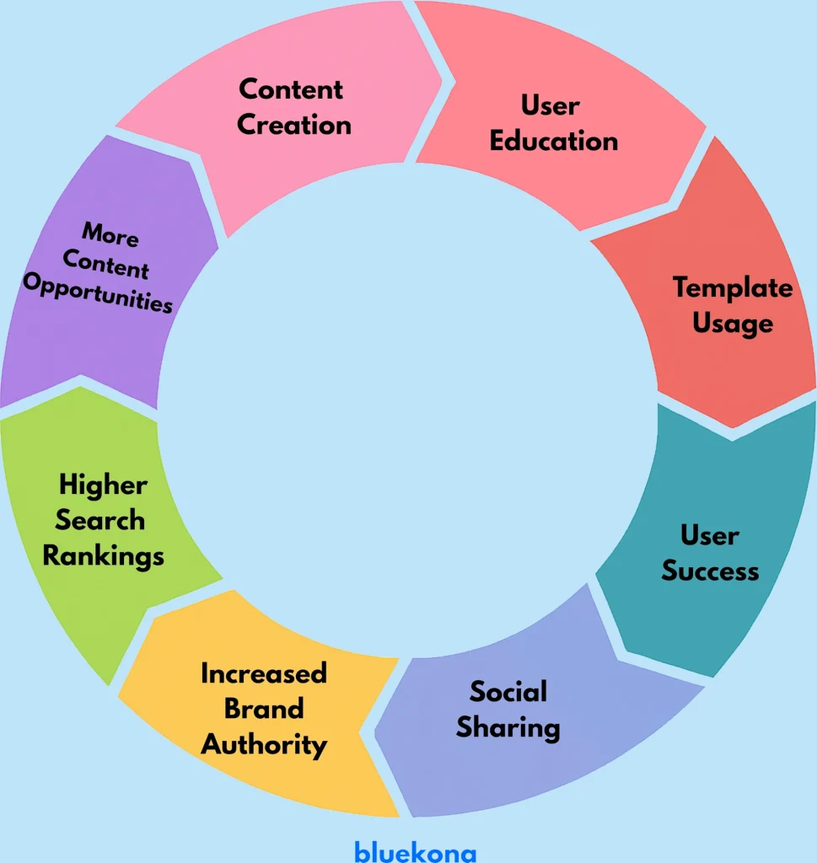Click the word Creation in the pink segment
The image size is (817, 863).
[293, 125]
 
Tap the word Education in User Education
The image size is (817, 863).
[554, 141]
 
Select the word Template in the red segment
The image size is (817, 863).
[733, 288]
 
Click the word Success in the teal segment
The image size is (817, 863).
[710, 571]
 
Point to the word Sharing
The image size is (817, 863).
[508, 727]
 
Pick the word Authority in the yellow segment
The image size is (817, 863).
[264, 745]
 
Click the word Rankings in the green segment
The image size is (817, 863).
[103, 556]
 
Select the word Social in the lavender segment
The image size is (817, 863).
[508, 692]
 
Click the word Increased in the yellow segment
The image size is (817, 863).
[264, 673]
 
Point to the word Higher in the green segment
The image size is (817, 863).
[103, 485]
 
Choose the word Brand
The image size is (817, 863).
[264, 709]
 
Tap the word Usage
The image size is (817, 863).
[733, 324]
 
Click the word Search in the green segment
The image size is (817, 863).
[99, 520]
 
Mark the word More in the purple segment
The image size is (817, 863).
[110, 235]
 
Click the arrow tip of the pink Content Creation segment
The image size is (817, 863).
[454, 83]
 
